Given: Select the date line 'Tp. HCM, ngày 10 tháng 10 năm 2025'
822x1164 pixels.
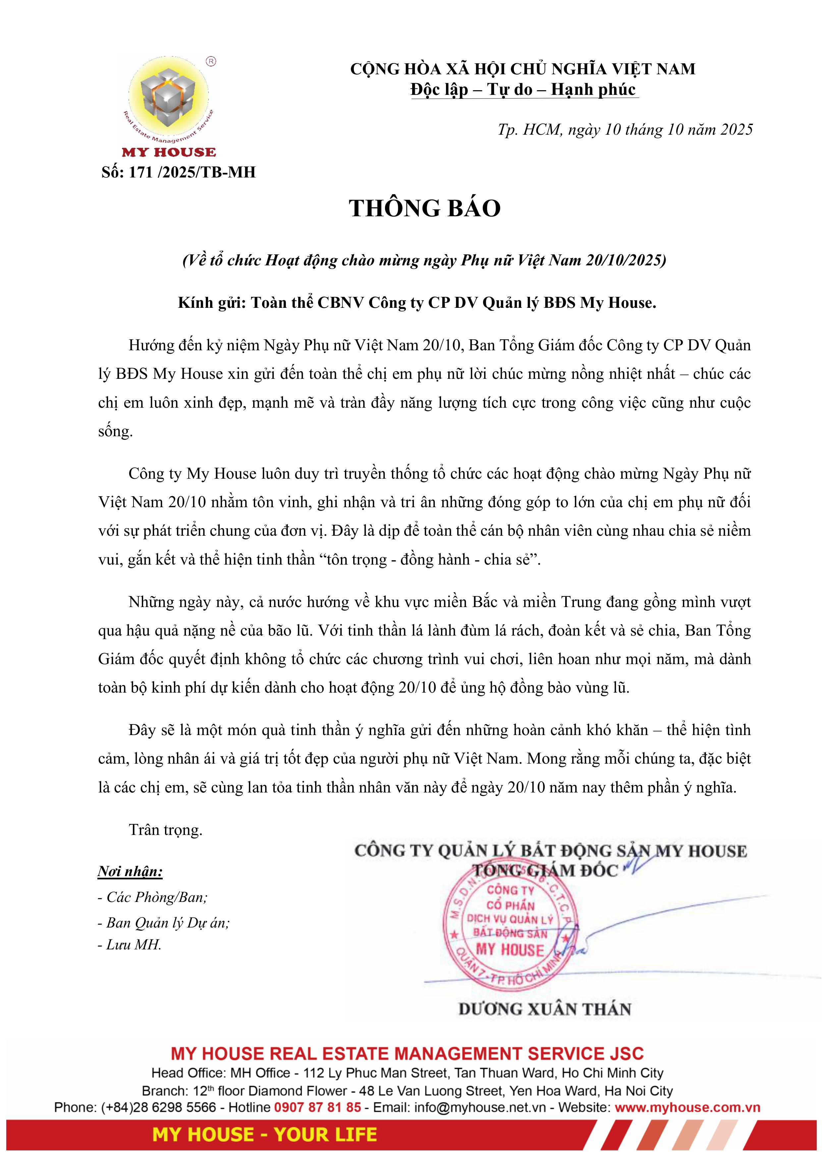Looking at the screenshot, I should click(x=625, y=130).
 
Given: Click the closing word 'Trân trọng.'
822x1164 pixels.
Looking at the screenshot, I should click(x=166, y=830).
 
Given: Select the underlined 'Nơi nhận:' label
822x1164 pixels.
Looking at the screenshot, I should click(x=130, y=871).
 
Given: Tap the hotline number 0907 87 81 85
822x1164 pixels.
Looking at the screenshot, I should click(x=317, y=1107).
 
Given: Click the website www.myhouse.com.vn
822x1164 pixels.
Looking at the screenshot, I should click(x=687, y=1107).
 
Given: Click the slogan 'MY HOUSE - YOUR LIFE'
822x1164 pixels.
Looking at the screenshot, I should click(x=264, y=1134).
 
